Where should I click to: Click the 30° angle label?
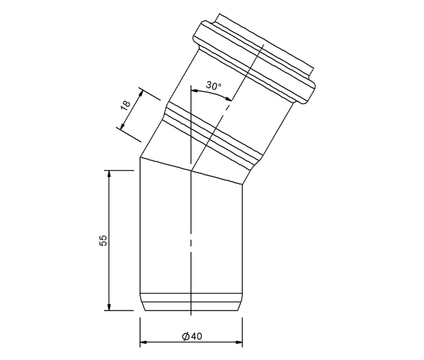point(214,85)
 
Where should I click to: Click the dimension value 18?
point(126,105)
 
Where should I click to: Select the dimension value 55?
point(104,240)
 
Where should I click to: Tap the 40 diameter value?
point(197,336)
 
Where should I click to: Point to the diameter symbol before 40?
point(186,336)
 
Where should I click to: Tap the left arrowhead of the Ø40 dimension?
point(143,343)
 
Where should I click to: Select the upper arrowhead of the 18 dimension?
point(141,94)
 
